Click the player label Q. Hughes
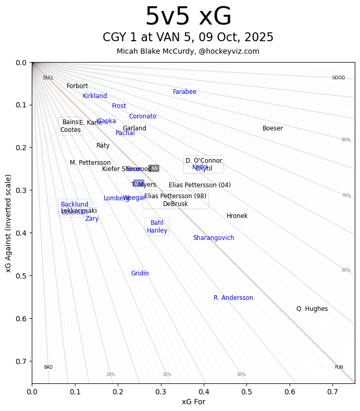pyautogui.click(x=312, y=309)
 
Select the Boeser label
pyautogui.click(x=272, y=128)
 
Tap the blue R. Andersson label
pyautogui.click(x=233, y=298)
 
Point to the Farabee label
pyautogui.click(x=184, y=92)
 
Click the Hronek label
pyautogui.click(x=237, y=216)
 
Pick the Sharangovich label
pyautogui.click(x=214, y=238)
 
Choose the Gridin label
pyautogui.click(x=140, y=273)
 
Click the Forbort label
pyautogui.click(x=77, y=86)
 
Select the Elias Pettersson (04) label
pyautogui.click(x=200, y=185)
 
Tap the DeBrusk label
pyautogui.click(x=176, y=204)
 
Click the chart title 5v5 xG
pyautogui.click(x=188, y=17)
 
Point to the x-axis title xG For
pyautogui.click(x=193, y=402)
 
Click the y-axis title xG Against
pyautogui.click(x=8, y=223)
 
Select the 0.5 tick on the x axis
pyautogui.click(x=247, y=390)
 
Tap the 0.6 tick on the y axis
pyautogui.click(x=20, y=318)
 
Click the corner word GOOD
pyautogui.click(x=339, y=78)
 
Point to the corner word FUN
pyautogui.click(x=339, y=367)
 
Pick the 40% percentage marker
pyautogui.click(x=241, y=374)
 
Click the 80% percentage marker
pyautogui.click(x=346, y=140)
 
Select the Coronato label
pyautogui.click(x=143, y=116)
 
